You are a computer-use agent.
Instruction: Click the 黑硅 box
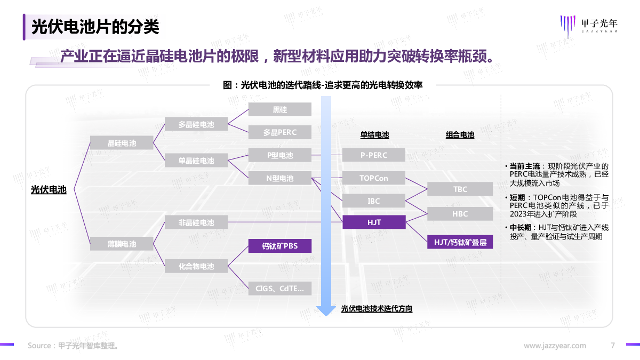279,109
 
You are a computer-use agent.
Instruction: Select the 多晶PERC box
279,132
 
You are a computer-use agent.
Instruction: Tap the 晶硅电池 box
122,143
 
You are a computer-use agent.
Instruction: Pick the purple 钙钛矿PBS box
279,246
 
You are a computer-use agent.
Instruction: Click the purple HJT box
374,222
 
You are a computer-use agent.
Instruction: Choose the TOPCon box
374,178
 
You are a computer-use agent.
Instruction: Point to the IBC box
374,201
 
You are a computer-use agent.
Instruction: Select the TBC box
460,189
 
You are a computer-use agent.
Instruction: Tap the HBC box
460,214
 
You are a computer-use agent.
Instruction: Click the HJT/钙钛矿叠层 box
460,242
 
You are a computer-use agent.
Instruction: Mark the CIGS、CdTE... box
279,289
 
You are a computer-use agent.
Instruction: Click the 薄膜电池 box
122,244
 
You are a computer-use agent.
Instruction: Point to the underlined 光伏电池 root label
49,190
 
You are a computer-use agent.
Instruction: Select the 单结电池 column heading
374,135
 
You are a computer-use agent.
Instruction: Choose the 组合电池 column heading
460,135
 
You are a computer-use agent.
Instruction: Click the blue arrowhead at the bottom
326,311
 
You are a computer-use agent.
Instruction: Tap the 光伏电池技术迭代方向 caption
377,309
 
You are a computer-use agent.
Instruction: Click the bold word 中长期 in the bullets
521,227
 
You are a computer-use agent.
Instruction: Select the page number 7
613,346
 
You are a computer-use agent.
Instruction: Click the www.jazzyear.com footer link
555,346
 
